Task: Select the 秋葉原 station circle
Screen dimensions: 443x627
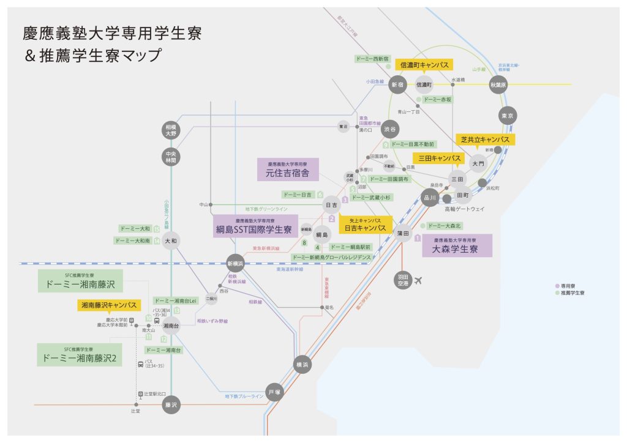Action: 498,85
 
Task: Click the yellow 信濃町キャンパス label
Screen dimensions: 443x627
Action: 424,64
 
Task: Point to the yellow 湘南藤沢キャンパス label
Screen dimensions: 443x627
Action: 108,305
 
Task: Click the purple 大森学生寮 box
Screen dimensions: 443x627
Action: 457,245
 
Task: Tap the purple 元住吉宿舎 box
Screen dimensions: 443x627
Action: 288,169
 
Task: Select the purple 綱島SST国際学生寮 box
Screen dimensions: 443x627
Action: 255,226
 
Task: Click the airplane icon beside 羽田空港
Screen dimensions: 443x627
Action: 419,281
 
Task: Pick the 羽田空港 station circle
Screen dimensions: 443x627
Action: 402,280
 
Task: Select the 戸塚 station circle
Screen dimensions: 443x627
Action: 274,392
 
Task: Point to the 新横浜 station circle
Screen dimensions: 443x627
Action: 236,263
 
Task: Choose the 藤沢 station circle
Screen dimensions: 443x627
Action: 171,404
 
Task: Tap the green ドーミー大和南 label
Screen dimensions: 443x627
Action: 133,241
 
